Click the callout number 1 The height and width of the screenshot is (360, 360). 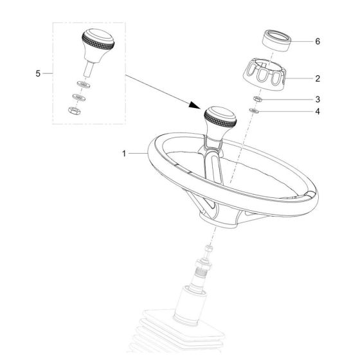pyautogui.click(x=124, y=154)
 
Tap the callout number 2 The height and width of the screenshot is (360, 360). pyautogui.click(x=318, y=78)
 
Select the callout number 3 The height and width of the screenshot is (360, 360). pyautogui.click(x=318, y=100)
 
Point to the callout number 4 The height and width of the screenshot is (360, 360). pyautogui.click(x=318, y=112)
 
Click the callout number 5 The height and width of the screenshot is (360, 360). pyautogui.click(x=38, y=73)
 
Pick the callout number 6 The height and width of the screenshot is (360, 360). pyautogui.click(x=318, y=41)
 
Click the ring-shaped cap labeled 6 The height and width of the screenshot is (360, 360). pyautogui.click(x=277, y=40)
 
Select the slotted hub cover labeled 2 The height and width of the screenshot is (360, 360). pyautogui.click(x=264, y=74)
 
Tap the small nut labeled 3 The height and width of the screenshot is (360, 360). pyautogui.click(x=258, y=99)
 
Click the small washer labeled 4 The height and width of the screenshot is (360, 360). pyautogui.click(x=254, y=111)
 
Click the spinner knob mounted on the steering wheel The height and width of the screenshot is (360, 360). pyautogui.click(x=219, y=124)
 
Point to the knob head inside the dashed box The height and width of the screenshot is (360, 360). pyautogui.click(x=98, y=45)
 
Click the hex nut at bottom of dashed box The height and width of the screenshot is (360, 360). pyautogui.click(x=74, y=111)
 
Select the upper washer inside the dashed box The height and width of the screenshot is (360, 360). pyautogui.click(x=84, y=84)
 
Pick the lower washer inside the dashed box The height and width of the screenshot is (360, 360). pyautogui.click(x=78, y=97)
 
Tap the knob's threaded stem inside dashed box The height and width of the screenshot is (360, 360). pyautogui.click(x=89, y=69)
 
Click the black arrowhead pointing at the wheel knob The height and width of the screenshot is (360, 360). pyautogui.click(x=195, y=105)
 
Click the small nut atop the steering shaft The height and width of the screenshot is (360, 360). pyautogui.click(x=208, y=248)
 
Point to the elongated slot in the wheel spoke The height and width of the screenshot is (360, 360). pyautogui.click(x=215, y=168)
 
